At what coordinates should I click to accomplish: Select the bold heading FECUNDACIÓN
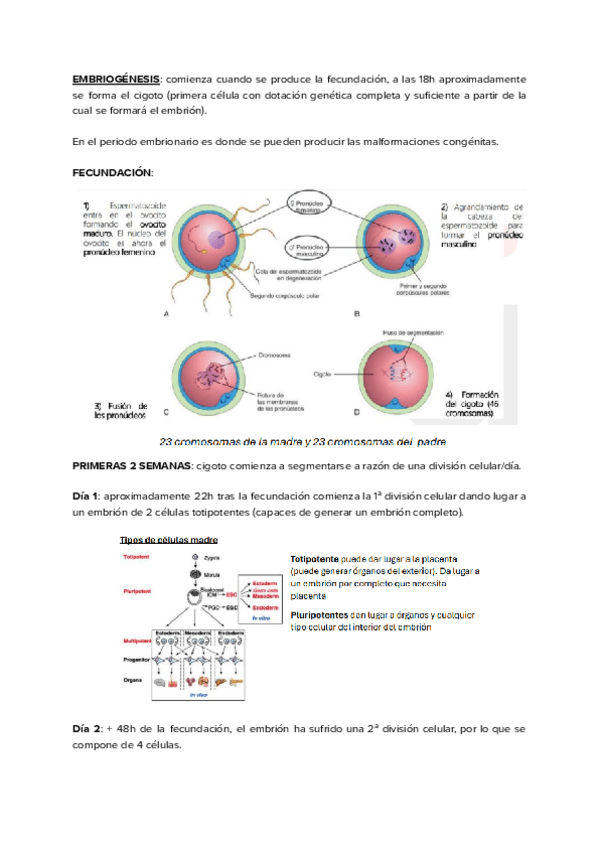click(112, 173)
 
